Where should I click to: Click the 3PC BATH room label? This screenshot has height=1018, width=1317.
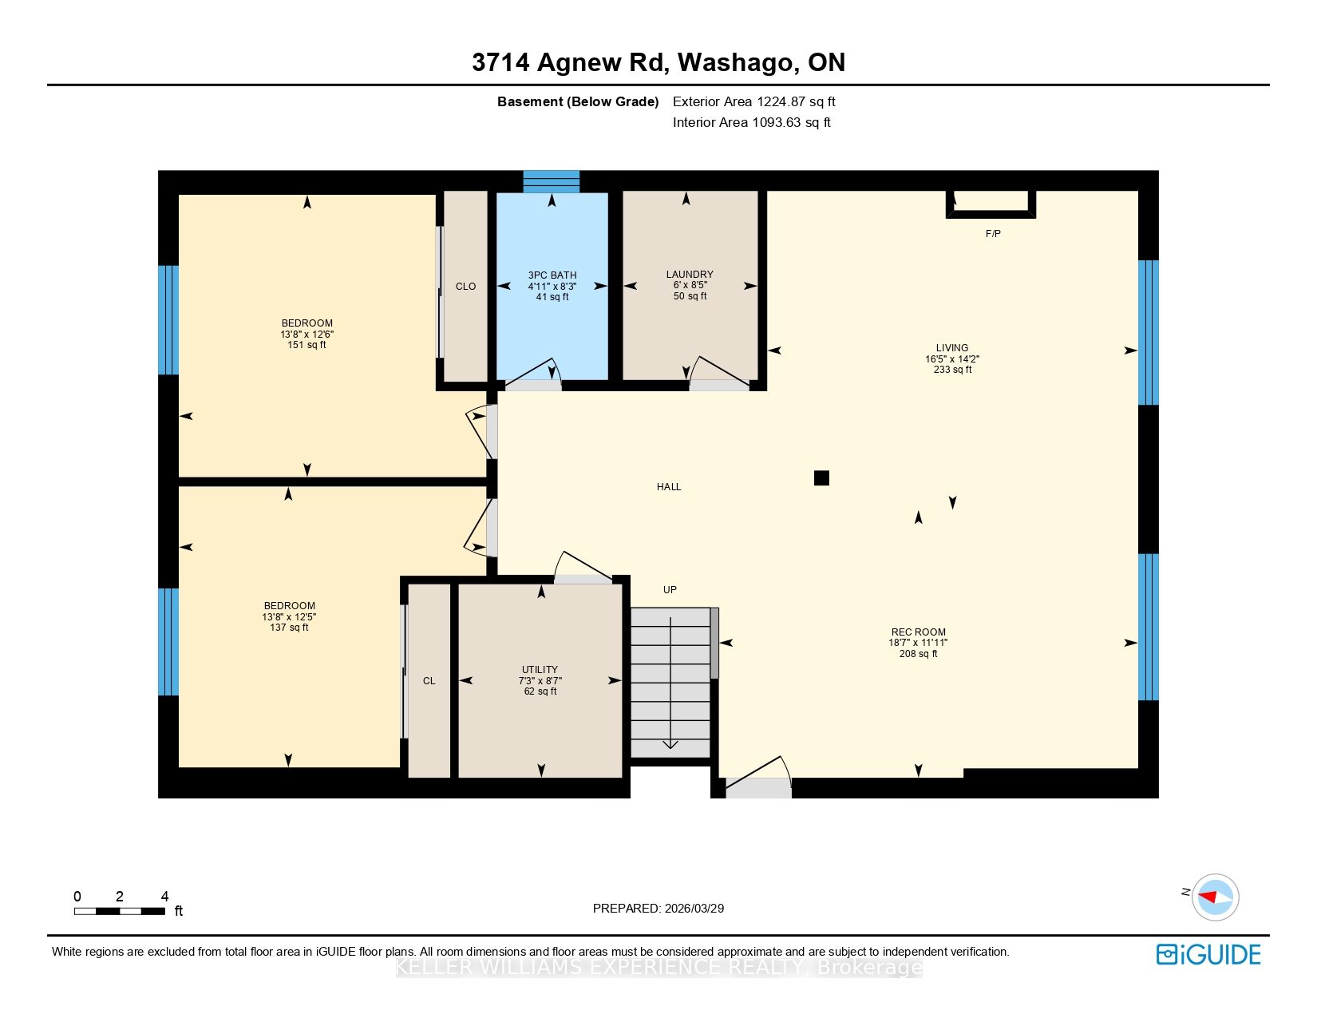(552, 275)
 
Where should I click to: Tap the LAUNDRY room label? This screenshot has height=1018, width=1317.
(690, 275)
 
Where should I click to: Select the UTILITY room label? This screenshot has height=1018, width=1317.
(540, 670)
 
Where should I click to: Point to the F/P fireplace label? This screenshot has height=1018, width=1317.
(993, 234)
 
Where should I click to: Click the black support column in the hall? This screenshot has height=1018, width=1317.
(821, 478)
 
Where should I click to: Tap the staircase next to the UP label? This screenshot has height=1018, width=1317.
(670, 683)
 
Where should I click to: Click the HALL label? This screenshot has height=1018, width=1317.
(669, 487)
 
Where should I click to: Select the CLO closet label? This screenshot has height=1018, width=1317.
(465, 287)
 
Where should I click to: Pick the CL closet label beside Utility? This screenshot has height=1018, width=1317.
(429, 681)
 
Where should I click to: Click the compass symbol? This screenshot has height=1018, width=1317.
(1215, 897)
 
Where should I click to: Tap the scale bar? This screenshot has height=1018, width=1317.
(120, 911)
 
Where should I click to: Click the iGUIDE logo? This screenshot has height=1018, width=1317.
(1208, 955)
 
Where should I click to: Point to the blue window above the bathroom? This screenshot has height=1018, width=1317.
(552, 182)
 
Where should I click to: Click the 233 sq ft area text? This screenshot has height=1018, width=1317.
(953, 370)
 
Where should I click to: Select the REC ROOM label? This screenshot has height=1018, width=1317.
(918, 632)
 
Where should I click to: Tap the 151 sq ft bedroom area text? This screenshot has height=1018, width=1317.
(307, 345)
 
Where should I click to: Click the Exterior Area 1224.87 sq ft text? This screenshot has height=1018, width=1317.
(754, 102)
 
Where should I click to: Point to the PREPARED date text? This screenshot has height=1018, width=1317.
(658, 909)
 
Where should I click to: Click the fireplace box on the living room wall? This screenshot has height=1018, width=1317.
(991, 204)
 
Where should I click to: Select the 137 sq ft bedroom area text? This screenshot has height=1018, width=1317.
(289, 628)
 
